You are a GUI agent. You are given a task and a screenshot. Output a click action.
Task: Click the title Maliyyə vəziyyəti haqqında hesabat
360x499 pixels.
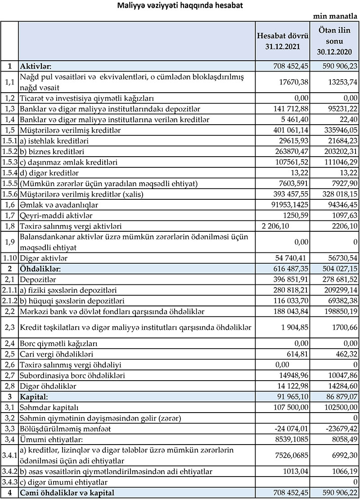pyautogui.click(x=180, y=5)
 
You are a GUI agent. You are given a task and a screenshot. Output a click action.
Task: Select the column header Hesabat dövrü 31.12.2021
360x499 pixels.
pyautogui.click(x=282, y=41)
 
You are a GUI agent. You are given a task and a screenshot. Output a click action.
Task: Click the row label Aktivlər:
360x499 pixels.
pyautogui.click(x=38, y=66)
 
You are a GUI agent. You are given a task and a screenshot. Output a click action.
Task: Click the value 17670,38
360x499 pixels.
pyautogui.click(x=294, y=81)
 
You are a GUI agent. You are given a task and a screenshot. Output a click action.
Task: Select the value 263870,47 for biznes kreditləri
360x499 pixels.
pyautogui.click(x=293, y=152)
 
